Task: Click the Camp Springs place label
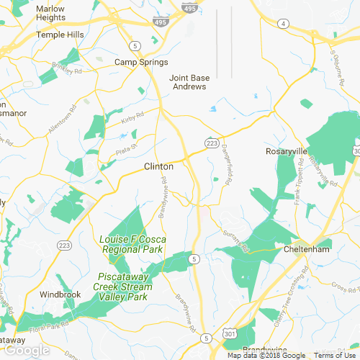(x=135, y=63)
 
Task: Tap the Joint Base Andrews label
(x=188, y=82)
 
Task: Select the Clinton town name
(x=159, y=166)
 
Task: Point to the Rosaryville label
(x=287, y=152)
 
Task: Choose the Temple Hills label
(x=46, y=34)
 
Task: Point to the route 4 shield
(x=284, y=24)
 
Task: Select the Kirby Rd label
(x=129, y=119)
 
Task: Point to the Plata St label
(x=127, y=149)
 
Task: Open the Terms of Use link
(x=335, y=356)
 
